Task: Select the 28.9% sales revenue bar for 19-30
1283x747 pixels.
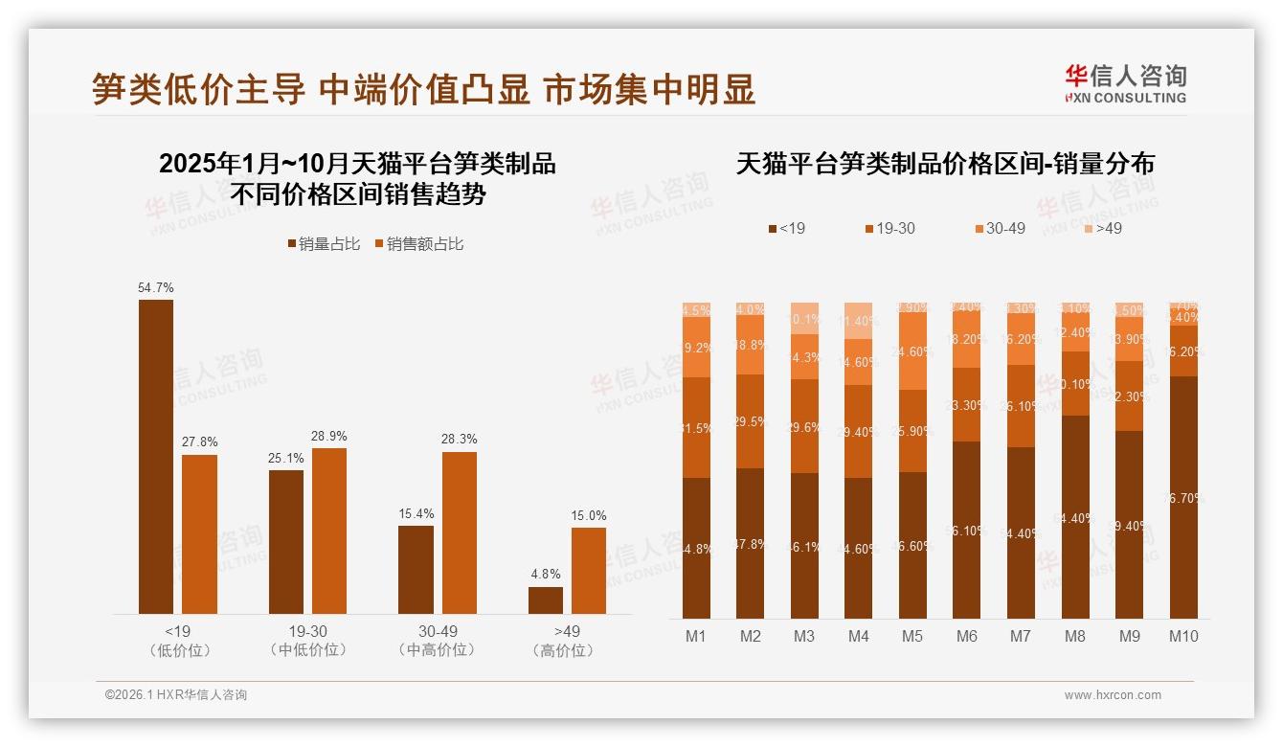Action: pos(329,531)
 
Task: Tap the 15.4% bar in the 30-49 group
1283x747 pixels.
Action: pos(416,570)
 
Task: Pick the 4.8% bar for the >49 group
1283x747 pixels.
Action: pos(546,600)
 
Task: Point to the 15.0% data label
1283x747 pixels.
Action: pos(589,516)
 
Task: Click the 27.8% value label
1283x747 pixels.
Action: pos(199,442)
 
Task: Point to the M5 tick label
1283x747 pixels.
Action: pos(912,636)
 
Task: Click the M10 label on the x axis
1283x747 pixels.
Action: pos(1183,636)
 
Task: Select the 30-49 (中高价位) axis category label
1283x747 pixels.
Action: pos(438,641)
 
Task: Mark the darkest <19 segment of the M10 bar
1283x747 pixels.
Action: pos(1183,497)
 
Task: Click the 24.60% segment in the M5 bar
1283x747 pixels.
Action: pos(912,351)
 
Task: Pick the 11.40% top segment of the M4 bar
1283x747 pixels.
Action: pos(859,321)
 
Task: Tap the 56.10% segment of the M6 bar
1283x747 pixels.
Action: pos(966,530)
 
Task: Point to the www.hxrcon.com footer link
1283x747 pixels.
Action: pos(1113,695)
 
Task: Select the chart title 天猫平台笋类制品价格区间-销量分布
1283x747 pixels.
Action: pos(945,164)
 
